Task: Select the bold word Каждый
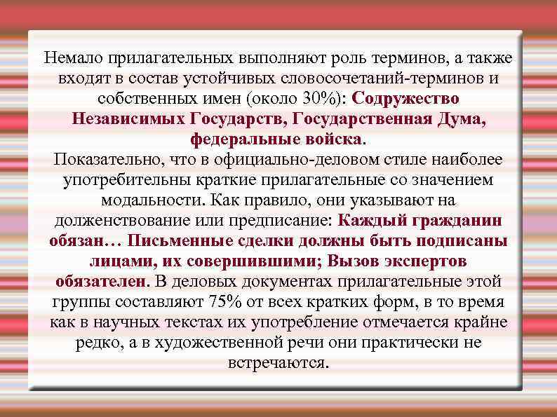pyautogui.click(x=368, y=220)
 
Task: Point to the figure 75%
pyautogui.click(x=224, y=302)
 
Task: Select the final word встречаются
pyautogui.click(x=277, y=363)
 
